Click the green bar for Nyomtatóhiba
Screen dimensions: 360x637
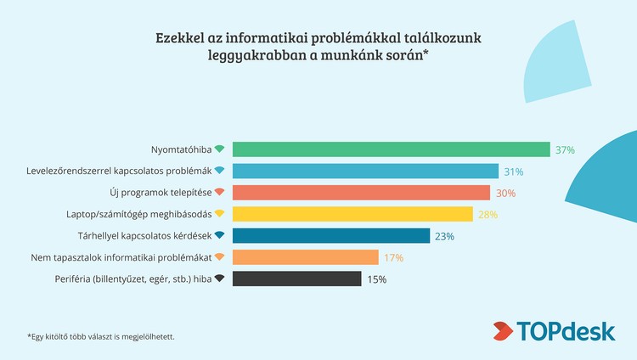(x=391, y=149)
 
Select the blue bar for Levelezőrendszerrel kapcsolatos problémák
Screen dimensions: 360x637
(x=365, y=171)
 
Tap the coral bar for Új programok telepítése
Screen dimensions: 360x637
(x=361, y=192)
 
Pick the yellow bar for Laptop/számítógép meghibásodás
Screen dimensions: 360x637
(x=352, y=214)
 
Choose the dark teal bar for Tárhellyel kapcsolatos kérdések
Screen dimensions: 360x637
(x=331, y=235)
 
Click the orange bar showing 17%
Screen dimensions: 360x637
(x=305, y=256)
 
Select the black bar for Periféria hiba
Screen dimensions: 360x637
(x=296, y=278)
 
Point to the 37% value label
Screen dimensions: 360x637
(x=565, y=150)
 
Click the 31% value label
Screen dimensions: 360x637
(x=513, y=172)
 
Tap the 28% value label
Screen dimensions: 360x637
(x=488, y=215)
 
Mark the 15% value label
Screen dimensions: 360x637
(x=376, y=279)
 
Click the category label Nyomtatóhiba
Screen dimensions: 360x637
(x=180, y=149)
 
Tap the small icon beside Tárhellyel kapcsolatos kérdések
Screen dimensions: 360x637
(x=219, y=235)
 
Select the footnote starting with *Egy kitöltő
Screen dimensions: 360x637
(x=101, y=336)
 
